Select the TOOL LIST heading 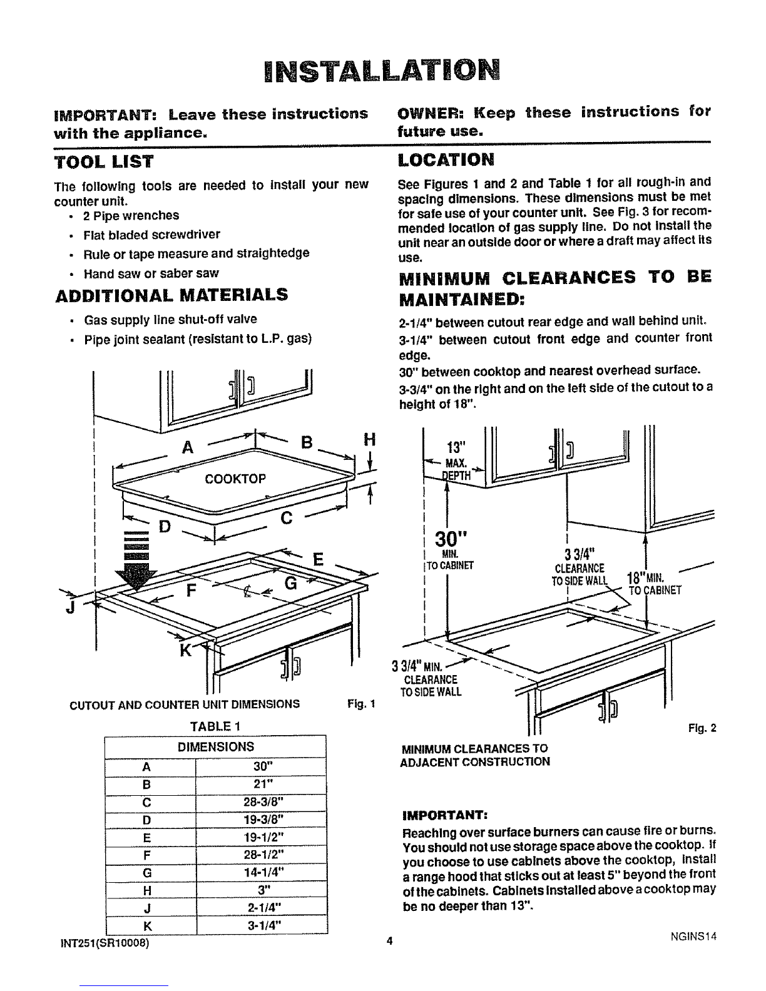[104, 162]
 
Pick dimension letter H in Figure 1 [369, 440]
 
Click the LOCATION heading [446, 160]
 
